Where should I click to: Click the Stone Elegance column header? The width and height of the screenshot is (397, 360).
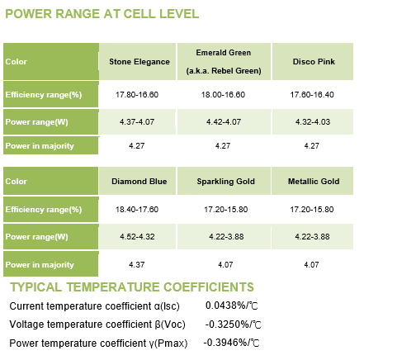pyautogui.click(x=139, y=62)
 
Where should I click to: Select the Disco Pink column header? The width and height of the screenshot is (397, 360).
pyautogui.click(x=314, y=61)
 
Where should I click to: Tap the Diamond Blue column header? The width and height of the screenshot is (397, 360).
pyautogui.click(x=139, y=182)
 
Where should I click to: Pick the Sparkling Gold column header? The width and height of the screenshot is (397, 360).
pyautogui.click(x=225, y=182)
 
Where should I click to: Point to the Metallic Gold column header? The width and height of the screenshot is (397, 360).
pyautogui.click(x=314, y=182)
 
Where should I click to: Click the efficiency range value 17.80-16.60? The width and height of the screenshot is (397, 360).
pyautogui.click(x=137, y=95)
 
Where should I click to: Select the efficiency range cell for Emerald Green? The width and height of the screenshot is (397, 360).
pyautogui.click(x=223, y=95)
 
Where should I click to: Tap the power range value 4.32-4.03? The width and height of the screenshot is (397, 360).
pyautogui.click(x=313, y=121)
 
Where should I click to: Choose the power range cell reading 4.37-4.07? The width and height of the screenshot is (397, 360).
pyautogui.click(x=137, y=121)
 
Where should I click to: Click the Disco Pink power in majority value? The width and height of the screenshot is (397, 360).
pyautogui.click(x=312, y=145)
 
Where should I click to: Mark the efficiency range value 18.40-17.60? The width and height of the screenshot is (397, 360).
pyautogui.click(x=137, y=210)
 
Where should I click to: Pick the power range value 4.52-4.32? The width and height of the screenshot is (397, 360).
pyautogui.click(x=137, y=236)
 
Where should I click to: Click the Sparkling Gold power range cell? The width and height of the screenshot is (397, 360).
pyautogui.click(x=226, y=236)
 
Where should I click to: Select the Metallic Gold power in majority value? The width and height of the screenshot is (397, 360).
pyautogui.click(x=311, y=265)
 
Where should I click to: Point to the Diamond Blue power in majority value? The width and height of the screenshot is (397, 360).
pyautogui.click(x=137, y=265)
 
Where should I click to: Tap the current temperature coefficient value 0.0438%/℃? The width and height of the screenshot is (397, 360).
pyautogui.click(x=231, y=306)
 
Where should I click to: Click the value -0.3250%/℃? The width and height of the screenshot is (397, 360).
pyautogui.click(x=233, y=324)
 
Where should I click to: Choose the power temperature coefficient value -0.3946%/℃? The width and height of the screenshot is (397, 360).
pyautogui.click(x=231, y=343)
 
